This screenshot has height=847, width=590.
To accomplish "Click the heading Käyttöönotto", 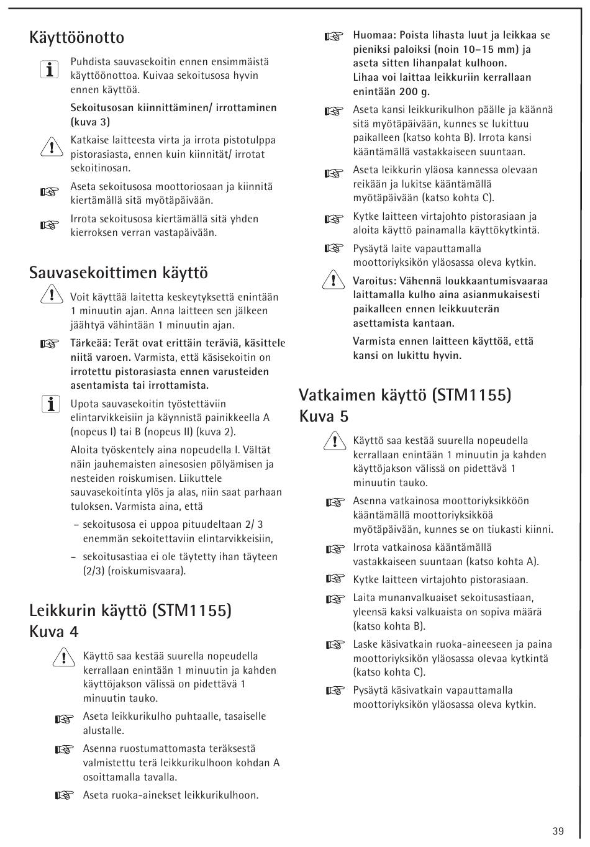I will (x=76, y=38).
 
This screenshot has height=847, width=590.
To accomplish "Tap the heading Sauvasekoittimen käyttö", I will (x=118, y=273).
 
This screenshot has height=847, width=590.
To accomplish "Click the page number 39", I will (x=557, y=831).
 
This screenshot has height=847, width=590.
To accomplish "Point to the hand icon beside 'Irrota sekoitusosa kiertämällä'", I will (x=49, y=225).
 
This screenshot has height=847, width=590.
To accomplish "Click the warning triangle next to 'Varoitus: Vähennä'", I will (x=333, y=281).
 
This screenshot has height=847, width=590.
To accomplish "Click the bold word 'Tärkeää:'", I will (x=91, y=343).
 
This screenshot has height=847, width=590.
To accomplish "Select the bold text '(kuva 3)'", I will (x=90, y=122).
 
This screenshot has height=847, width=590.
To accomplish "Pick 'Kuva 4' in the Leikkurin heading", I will (x=54, y=632).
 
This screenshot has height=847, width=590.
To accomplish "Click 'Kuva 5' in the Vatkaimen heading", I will (x=324, y=416).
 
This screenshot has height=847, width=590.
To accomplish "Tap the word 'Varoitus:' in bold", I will (x=376, y=281).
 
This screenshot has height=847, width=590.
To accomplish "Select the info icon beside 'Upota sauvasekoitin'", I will (x=49, y=405).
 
